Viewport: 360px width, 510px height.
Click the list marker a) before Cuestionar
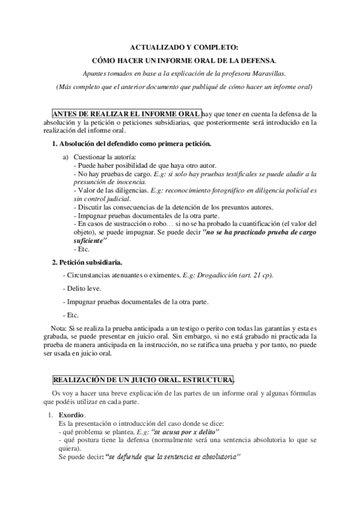(x=66, y=157)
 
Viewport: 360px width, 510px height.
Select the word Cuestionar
(x=90, y=157)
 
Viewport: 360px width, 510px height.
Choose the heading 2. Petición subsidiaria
(x=87, y=262)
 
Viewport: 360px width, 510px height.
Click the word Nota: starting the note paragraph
(x=59, y=328)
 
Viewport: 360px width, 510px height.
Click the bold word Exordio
(x=72, y=416)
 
